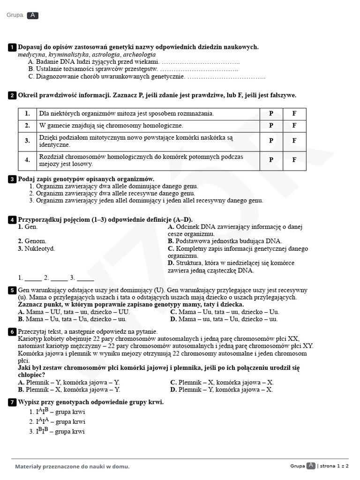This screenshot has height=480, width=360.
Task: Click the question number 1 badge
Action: click(x=12, y=47)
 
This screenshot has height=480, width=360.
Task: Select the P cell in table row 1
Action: click(x=271, y=113)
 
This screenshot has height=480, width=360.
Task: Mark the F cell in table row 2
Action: click(x=294, y=126)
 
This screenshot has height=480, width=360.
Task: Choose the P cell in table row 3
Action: click(x=271, y=141)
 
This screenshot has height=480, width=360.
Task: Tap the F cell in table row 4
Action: click(x=294, y=160)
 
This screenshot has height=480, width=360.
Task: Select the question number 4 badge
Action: click(x=12, y=219)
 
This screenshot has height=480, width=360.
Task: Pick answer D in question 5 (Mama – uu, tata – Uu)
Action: click(x=224, y=319)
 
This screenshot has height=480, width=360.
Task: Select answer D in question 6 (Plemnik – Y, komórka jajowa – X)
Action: click(x=222, y=389)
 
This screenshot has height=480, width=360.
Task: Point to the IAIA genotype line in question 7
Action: click(x=57, y=422)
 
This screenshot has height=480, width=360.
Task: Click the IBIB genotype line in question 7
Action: click(x=57, y=432)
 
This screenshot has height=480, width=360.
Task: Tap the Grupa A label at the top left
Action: click(x=22, y=15)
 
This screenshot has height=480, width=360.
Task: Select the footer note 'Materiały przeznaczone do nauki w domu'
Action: click(x=72, y=466)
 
